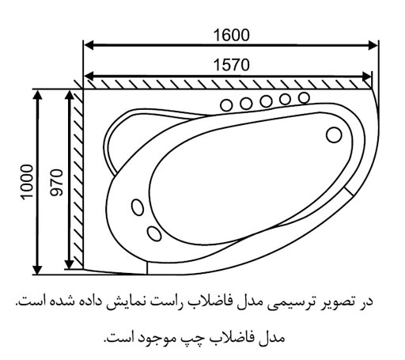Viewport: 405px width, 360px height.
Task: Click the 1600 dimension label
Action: point(231,36)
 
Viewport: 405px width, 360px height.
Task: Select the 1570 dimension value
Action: point(231,65)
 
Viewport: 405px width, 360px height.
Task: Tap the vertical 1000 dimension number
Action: point(27,182)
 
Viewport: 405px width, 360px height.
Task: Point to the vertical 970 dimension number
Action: point(57,182)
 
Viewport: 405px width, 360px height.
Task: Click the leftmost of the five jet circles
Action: point(226,105)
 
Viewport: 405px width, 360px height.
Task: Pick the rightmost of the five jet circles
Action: point(304,98)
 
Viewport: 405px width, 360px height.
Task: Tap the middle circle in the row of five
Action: point(266,101)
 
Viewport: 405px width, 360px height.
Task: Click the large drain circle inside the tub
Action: point(334,135)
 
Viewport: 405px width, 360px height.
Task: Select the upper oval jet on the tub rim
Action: point(138,207)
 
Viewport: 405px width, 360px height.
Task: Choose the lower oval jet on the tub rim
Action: point(154,233)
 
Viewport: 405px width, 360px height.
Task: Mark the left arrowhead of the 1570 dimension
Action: point(89,76)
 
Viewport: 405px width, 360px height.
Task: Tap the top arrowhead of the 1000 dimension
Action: point(38,94)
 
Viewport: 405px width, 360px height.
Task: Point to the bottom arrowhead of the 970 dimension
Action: point(69,264)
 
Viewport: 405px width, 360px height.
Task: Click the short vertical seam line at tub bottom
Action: point(147,267)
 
